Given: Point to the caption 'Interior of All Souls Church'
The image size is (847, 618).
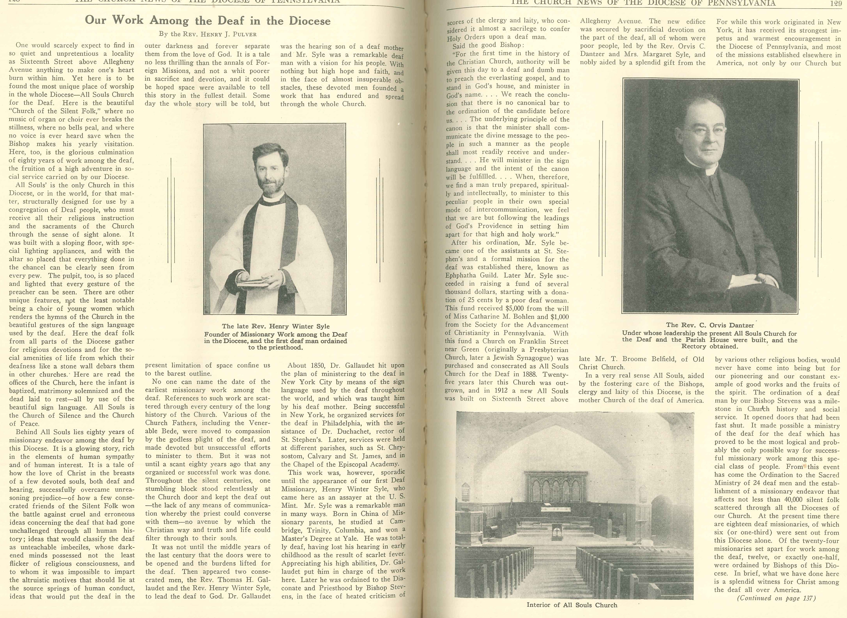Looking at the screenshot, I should (572, 605).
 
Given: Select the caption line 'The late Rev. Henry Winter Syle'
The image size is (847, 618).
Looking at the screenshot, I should (276, 326).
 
